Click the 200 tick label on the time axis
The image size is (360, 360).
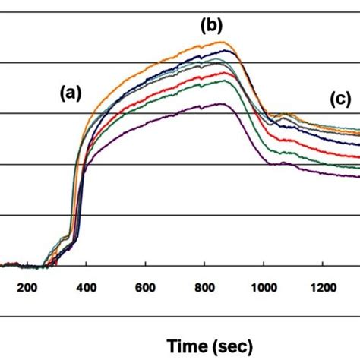coord(27,286)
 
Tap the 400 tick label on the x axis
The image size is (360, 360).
coord(86,286)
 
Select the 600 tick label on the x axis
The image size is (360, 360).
coord(145,286)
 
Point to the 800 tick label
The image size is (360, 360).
coord(204,286)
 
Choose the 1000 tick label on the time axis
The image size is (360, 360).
coord(262,286)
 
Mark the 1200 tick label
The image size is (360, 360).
coord(321,286)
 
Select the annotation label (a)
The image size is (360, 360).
coord(71,93)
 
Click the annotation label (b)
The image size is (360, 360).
coord(210,26)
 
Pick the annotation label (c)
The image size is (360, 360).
coord(339,98)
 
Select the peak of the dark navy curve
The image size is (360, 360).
coord(226,51)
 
